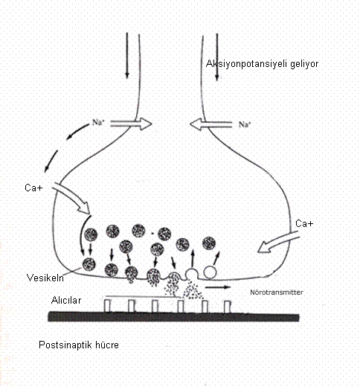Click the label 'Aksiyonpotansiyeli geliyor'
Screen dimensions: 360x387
coord(262,64)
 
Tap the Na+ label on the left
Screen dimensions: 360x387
coord(98,122)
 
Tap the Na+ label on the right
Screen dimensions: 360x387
coord(245,124)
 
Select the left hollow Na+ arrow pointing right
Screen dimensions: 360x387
coord(131,124)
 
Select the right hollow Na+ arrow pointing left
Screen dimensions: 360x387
coord(210,124)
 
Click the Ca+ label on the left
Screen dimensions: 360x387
coord(33,188)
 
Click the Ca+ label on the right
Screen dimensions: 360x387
coord(304,223)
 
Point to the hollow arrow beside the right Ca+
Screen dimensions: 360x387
coord(278,242)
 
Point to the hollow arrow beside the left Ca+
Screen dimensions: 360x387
coord(71,198)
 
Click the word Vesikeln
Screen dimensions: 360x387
coord(45,278)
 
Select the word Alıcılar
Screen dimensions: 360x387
coord(66,301)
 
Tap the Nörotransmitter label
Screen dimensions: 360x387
coord(277,292)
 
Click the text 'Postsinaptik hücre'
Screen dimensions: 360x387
coord(79,345)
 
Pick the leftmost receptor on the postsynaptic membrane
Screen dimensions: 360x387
coord(107,306)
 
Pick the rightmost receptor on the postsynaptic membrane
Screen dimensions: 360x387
coord(228,307)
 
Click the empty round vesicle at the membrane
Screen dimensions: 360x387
coord(210,272)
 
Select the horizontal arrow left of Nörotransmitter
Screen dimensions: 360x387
coord(218,287)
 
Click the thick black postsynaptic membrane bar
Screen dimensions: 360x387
coord(173,317)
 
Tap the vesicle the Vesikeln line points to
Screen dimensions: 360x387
coord(89,264)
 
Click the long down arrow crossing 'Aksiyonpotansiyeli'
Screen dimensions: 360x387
coord(217,57)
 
